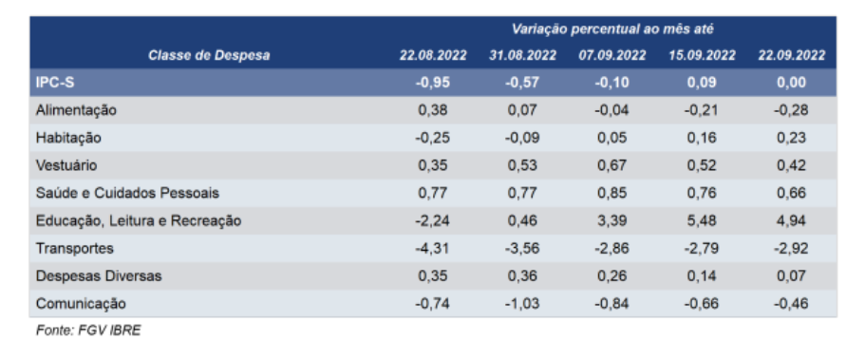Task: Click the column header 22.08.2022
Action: point(433,56)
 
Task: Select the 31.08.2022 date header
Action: point(522,56)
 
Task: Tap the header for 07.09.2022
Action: point(612,56)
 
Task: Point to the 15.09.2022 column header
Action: point(702,56)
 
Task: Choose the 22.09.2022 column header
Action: point(792,56)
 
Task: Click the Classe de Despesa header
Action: point(209,56)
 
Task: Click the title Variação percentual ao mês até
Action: point(612,29)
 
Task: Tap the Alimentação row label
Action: point(76,110)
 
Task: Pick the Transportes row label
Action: point(74,249)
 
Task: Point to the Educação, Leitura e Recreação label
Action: point(139,221)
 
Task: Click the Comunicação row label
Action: point(81,304)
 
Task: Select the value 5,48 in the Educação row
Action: point(702,221)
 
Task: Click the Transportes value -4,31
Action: point(433,249)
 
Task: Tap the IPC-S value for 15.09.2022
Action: point(702,83)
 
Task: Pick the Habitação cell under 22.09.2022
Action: point(792,138)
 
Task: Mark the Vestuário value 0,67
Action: point(612,165)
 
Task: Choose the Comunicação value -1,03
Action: point(522,304)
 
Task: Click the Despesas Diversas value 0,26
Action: point(612,276)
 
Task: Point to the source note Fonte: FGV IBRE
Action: point(88,331)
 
